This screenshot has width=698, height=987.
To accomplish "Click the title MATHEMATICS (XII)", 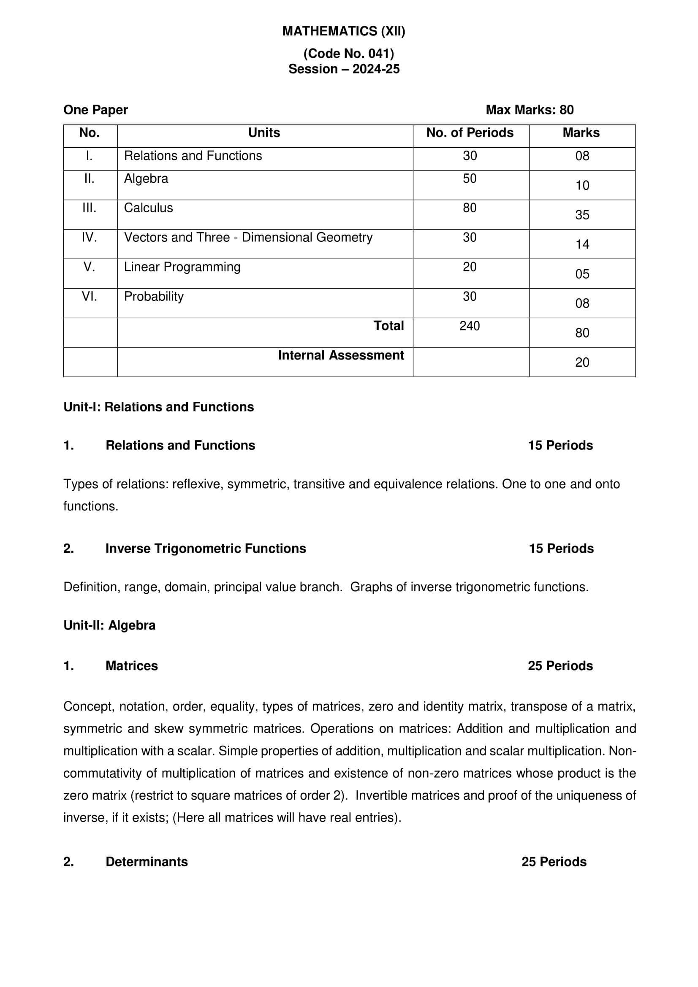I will coord(344,31).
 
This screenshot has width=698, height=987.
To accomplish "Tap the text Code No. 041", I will coord(348,53).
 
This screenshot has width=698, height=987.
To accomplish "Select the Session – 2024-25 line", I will coord(344,69).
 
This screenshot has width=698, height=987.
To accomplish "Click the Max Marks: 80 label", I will coord(530,110).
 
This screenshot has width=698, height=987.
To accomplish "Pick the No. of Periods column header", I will coord(470,133).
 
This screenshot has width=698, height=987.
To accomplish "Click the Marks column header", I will coord(581,133).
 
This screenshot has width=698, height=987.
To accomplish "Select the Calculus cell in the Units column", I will coord(148,208).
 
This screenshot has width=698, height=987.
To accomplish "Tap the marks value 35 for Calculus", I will coord(582,215).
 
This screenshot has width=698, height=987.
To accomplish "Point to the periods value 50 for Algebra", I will coord(470,179).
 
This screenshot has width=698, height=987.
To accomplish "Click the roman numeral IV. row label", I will coord(90,237).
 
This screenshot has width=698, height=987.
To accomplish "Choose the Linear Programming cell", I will coord(182,267).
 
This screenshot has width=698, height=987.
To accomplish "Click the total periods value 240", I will coord(470,326).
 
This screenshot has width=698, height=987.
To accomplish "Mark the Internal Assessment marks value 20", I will coord(582,362).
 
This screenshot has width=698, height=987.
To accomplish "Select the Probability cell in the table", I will coord(154,297).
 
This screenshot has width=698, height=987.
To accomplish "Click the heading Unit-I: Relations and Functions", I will coord(159,407).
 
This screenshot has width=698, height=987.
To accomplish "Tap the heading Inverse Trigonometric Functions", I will coord(206,548).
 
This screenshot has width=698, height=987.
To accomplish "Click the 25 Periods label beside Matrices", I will coord(560,665).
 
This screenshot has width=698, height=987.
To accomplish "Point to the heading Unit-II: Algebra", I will coord(109,625).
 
